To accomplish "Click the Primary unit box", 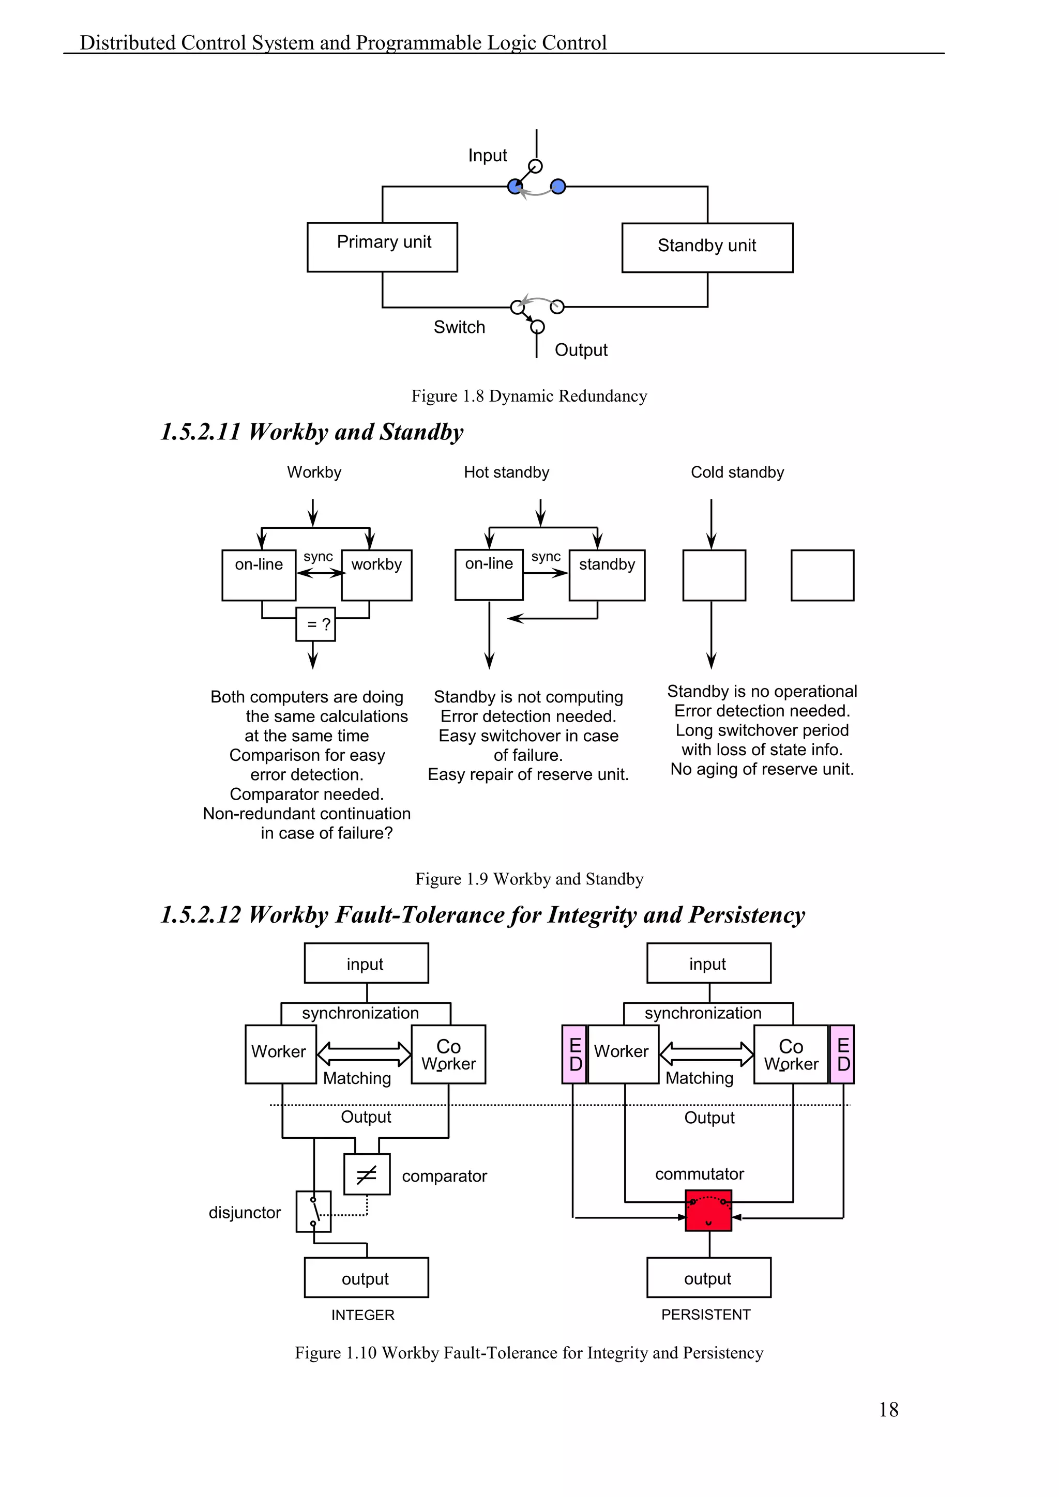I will coord(382,247).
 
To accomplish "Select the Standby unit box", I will coord(707,248).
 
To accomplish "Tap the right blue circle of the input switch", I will coord(557,187).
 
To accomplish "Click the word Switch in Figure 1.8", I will coord(459,327).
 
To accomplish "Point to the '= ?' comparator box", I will coord(315,624).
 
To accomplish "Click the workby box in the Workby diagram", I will coord(376,574).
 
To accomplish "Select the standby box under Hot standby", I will coord(607,574).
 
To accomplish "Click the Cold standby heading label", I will coord(737,472).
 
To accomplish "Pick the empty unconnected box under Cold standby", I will coord(822,574).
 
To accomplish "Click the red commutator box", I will coord(708,1210).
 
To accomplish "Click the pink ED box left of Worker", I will coord(574,1055).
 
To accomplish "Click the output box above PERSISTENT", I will coord(708,1277).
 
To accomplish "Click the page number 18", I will coord(888,1410).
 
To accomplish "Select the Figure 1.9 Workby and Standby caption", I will coord(529,879).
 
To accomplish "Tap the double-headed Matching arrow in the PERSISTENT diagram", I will coord(706,1053).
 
